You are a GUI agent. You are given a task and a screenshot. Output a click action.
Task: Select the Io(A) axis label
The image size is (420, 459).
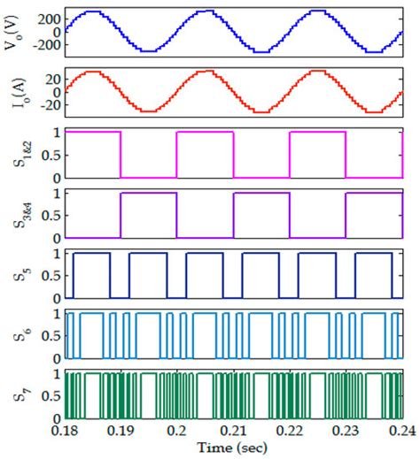[12, 94]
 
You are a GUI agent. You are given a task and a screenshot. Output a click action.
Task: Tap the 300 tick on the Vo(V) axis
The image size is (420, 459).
[49, 19]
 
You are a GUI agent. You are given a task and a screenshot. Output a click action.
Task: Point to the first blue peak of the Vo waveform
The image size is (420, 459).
[92, 12]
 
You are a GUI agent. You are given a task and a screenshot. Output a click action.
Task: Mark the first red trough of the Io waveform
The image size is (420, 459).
[149, 111]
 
